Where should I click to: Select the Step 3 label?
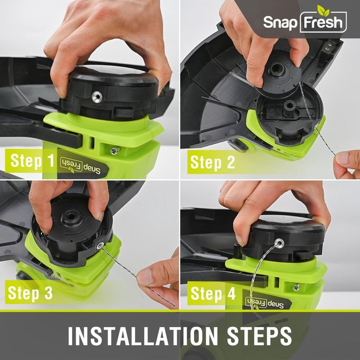point(30,293)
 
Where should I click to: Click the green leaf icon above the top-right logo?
point(323,9)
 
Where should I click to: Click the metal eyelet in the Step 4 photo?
point(279,243)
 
